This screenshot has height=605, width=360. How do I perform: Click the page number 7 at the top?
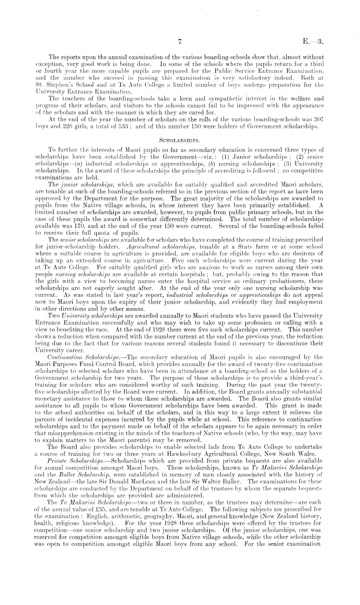181,42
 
